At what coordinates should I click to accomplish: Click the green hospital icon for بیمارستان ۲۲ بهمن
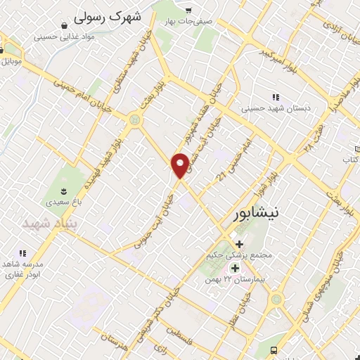[x=235, y=268]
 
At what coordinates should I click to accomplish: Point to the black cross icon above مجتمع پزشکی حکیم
[x=239, y=243]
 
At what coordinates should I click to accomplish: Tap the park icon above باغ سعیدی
[x=63, y=191]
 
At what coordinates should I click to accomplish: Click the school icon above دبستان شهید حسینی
[x=276, y=98]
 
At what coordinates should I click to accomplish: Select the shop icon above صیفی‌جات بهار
[x=188, y=9]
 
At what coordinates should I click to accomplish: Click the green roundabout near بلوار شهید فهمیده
[x=134, y=120]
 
